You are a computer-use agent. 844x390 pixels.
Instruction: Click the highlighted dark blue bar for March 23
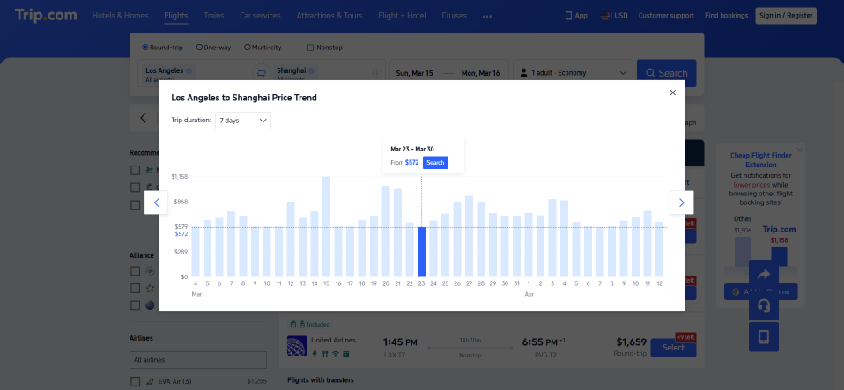click(421, 252)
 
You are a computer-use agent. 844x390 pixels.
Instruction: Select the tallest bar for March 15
click(326, 227)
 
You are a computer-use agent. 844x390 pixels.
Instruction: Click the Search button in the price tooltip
click(435, 163)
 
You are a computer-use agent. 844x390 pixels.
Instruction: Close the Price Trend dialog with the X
click(673, 92)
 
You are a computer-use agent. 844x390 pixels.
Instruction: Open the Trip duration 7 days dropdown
click(243, 120)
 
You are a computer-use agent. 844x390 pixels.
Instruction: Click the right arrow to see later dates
click(682, 202)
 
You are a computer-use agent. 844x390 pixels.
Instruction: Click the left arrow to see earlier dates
click(156, 202)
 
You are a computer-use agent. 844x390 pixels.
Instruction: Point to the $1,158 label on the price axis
click(179, 177)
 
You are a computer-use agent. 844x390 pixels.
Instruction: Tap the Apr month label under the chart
click(529, 294)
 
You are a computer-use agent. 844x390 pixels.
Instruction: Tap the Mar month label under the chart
click(196, 294)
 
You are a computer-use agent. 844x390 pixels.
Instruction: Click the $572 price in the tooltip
click(411, 163)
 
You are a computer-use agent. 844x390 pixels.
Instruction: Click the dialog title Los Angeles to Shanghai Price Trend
click(244, 98)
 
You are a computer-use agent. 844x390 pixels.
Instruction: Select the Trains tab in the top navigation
click(213, 16)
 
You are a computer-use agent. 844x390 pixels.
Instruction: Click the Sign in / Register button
click(786, 16)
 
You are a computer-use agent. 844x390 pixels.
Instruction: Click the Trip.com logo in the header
click(45, 15)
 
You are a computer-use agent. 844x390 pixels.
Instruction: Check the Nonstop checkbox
click(310, 47)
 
